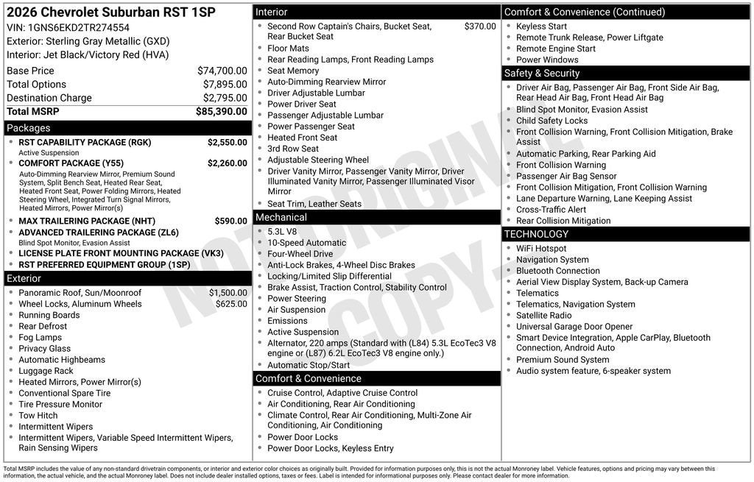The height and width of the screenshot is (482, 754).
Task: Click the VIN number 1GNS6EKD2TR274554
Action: click(78, 28)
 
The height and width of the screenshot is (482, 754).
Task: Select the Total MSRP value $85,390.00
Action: click(221, 112)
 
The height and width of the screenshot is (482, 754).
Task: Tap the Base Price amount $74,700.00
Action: click(222, 71)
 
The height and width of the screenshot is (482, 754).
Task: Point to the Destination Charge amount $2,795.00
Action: click(225, 98)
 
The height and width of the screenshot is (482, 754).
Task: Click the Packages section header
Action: click(29, 128)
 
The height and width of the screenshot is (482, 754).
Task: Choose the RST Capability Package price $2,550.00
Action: click(227, 142)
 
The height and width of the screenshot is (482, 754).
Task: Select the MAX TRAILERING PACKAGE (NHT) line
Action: click(87, 221)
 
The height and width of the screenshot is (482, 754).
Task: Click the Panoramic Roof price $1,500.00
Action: click(228, 293)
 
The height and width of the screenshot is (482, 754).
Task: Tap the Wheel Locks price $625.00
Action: click(231, 304)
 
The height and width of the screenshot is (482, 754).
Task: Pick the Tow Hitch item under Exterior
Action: click(38, 416)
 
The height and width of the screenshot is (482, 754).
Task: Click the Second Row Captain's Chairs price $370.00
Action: click(480, 26)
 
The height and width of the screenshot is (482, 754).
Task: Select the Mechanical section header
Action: click(281, 218)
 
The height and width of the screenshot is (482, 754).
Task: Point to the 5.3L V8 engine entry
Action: click(282, 232)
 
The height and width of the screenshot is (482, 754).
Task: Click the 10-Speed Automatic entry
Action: click(306, 243)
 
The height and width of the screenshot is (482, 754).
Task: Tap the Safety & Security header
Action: click(542, 74)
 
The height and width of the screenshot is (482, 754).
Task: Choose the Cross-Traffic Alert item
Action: click(551, 210)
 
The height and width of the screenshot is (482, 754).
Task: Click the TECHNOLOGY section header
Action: click(536, 234)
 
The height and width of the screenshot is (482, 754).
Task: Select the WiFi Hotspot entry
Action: click(541, 249)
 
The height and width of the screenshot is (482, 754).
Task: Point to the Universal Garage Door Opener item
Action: click(574, 327)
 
